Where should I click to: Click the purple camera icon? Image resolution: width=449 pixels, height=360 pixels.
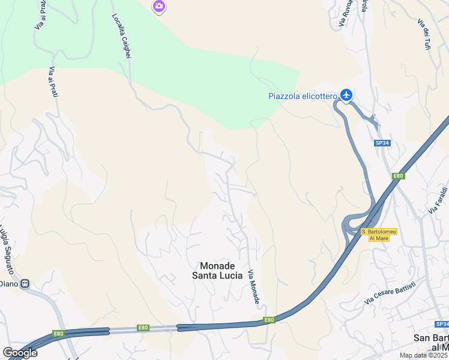(158, 7)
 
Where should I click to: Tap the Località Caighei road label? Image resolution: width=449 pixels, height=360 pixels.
(121, 36)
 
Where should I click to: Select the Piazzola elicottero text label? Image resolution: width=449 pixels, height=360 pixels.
(303, 96)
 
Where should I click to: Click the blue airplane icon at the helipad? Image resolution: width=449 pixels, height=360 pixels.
(346, 95)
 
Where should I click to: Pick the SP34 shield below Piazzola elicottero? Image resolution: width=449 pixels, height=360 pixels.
(381, 143)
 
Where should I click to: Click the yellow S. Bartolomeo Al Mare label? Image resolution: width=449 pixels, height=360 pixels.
(379, 235)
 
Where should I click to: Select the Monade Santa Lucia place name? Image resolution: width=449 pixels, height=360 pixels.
(217, 271)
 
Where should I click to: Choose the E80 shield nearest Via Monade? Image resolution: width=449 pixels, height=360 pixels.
(269, 320)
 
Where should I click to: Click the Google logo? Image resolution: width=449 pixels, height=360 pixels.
(20, 353)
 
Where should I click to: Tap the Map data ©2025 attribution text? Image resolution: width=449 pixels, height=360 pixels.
(423, 355)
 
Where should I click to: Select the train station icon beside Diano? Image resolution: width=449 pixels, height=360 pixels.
(25, 284)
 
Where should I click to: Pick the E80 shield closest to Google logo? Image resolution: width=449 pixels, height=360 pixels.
(58, 334)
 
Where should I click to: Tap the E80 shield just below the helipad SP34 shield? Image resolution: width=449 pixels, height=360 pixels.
(397, 176)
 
